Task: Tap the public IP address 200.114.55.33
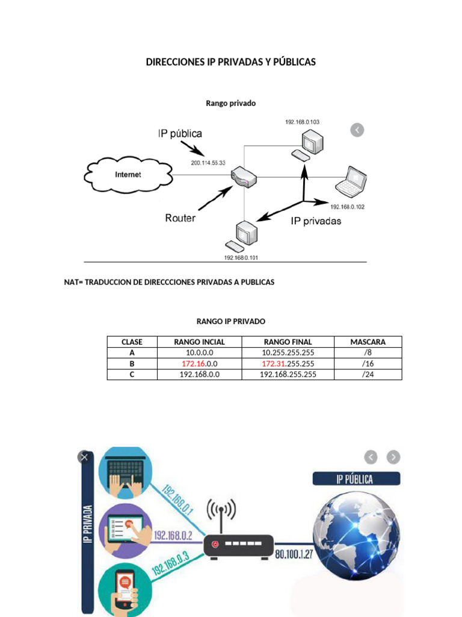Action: (x=208, y=163)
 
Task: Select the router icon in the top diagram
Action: (x=244, y=176)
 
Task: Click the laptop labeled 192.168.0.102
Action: (x=352, y=183)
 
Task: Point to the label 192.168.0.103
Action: (x=302, y=122)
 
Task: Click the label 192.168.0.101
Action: (x=241, y=257)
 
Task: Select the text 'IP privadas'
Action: (x=316, y=221)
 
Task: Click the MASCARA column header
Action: (x=368, y=342)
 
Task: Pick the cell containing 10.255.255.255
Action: (x=288, y=352)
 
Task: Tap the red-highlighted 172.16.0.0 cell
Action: (x=199, y=364)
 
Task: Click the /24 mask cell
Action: (x=368, y=374)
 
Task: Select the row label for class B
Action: (x=132, y=364)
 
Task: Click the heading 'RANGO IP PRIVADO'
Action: (x=231, y=321)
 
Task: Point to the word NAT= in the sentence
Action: (x=73, y=282)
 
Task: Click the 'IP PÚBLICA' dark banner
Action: (x=356, y=479)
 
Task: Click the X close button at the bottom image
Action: (x=84, y=457)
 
